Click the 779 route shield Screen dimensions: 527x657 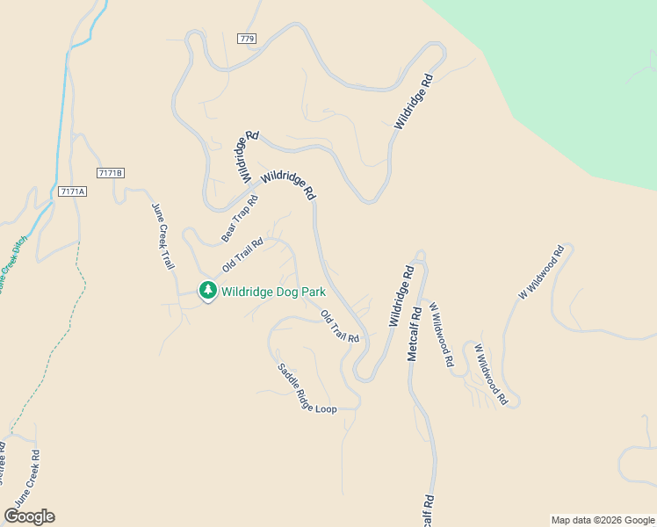[246, 39]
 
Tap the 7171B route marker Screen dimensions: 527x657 [110, 173]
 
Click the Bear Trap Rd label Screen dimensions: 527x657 [240, 219]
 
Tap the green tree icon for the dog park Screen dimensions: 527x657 [208, 291]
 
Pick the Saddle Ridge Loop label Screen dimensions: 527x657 [307, 390]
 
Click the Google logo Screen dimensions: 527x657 [29, 516]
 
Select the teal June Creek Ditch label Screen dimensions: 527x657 [9, 263]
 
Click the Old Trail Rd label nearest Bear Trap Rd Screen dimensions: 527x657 [243, 255]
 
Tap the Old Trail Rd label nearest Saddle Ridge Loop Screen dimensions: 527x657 [340, 327]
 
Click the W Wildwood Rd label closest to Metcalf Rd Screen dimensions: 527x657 [440, 334]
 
